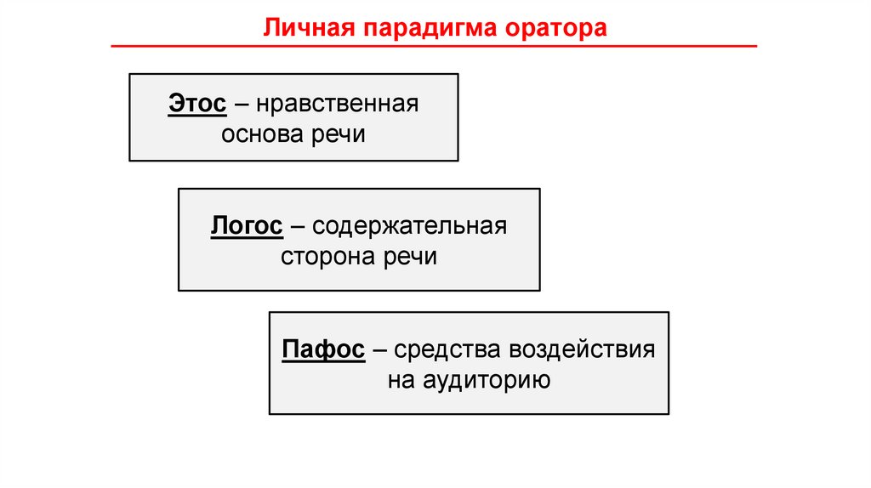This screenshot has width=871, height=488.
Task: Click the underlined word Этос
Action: tap(196, 105)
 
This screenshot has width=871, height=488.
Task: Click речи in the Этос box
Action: tap(339, 135)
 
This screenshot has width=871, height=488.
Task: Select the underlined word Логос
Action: tap(246, 227)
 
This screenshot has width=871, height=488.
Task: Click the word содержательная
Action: tap(409, 227)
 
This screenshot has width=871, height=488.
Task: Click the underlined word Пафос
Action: tap(323, 349)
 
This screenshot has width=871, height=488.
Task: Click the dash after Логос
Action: tap(297, 228)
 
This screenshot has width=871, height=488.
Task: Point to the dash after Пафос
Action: tap(379, 350)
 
